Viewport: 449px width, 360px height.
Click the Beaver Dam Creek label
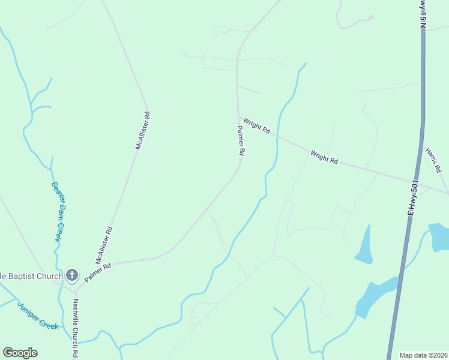point(56,211)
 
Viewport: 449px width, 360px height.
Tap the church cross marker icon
point(71,276)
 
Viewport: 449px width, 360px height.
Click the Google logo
point(20,353)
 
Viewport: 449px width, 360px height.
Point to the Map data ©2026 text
point(423,355)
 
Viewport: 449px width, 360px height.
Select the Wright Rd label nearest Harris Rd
point(325,158)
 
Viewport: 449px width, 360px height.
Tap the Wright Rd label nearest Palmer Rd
point(258,127)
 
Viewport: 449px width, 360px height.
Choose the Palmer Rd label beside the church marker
point(98,273)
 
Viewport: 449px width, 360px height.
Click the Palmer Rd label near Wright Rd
point(240,142)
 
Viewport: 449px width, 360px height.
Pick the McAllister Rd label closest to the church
point(104,245)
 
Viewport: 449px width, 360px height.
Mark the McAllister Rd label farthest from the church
point(142,130)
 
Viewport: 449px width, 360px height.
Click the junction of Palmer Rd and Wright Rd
point(238,117)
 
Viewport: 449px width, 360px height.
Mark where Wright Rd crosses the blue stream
point(277,136)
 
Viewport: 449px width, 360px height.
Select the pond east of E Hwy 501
point(438,236)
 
